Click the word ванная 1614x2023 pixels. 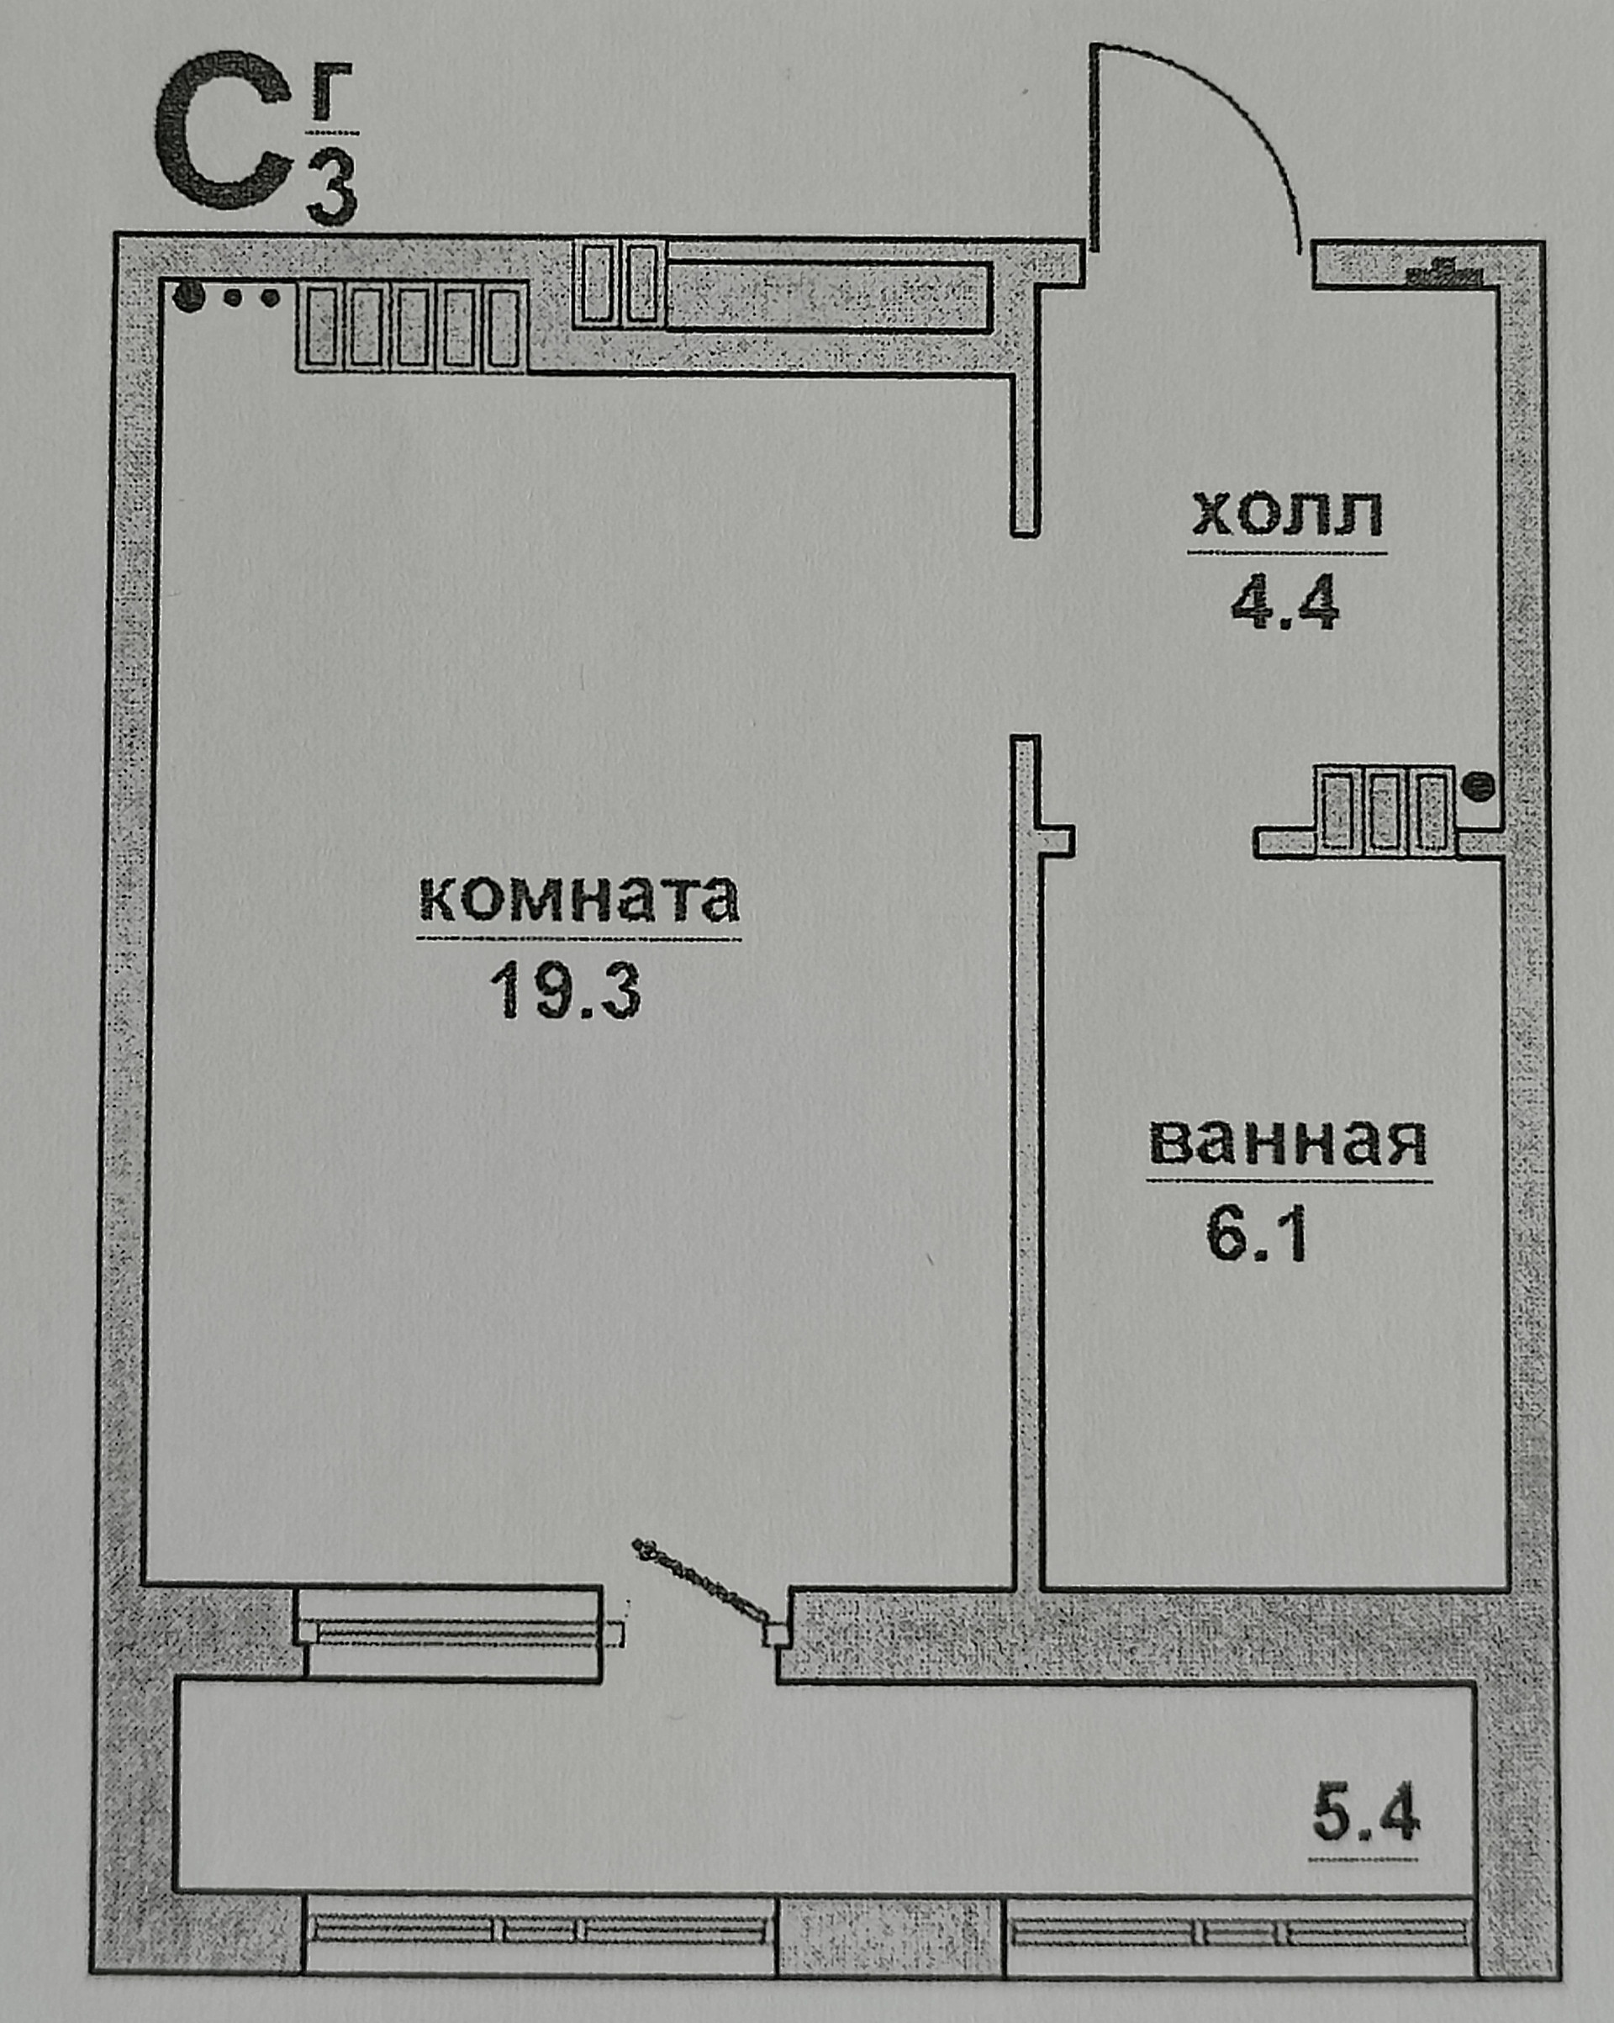click(x=1288, y=1142)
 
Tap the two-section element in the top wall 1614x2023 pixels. click(x=620, y=283)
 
